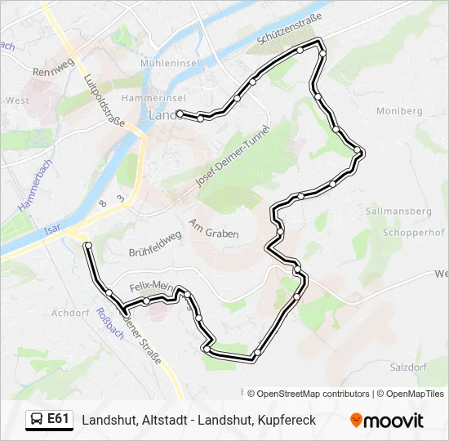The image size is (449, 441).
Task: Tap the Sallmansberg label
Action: [x=399, y=211]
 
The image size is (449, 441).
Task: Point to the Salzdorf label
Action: [x=407, y=367]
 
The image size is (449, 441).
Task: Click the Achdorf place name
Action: [x=69, y=312]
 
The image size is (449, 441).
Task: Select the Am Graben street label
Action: [x=214, y=228]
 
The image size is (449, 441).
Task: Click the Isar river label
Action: [x=54, y=231]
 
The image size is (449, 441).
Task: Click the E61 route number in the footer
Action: [x=58, y=419]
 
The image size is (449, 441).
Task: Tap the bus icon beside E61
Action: [x=37, y=420]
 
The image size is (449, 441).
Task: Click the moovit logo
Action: [x=387, y=421]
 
